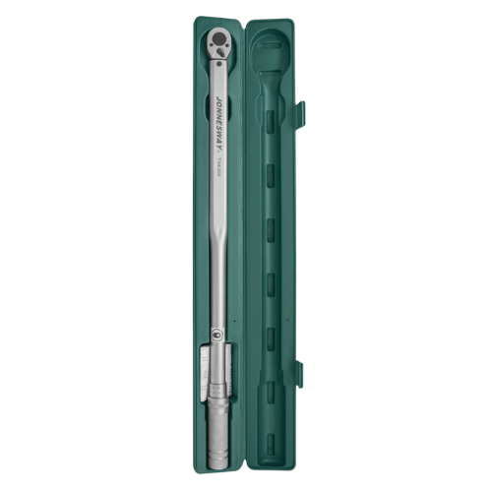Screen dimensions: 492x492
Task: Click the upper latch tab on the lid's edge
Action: click(300, 113)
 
